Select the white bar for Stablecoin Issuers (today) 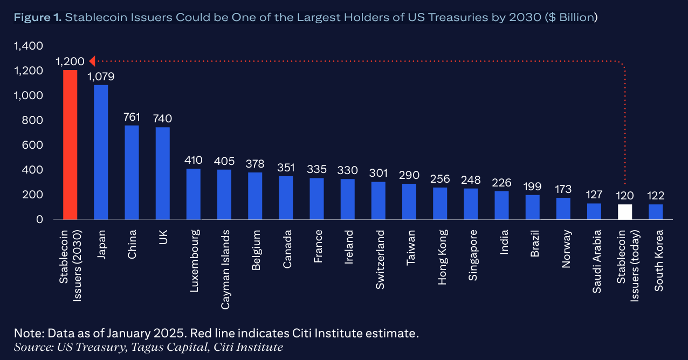[x=625, y=212]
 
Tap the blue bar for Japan [x=101, y=152]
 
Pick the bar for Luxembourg [x=194, y=194]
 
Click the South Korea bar [x=656, y=212]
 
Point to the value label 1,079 [x=101, y=77]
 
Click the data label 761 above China [x=132, y=117]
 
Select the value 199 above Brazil [x=532, y=186]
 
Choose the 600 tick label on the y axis [x=33, y=145]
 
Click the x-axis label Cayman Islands [x=225, y=269]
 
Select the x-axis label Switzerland [x=379, y=260]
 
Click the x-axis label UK [x=163, y=238]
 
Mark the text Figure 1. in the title [x=37, y=18]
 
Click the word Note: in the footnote [x=27, y=333]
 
